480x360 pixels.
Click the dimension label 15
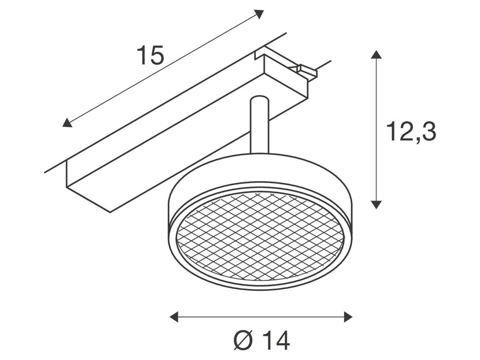coord(150,55)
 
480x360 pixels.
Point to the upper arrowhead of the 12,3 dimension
coord(376,55)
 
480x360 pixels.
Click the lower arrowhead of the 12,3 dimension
coord(376,204)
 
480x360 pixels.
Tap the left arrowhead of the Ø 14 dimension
coord(174,317)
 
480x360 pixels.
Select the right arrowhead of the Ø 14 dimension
coord(348,317)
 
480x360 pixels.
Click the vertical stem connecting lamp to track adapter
coord(260,126)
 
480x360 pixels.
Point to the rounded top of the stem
coord(260,98)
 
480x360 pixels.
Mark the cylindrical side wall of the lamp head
coord(260,172)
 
